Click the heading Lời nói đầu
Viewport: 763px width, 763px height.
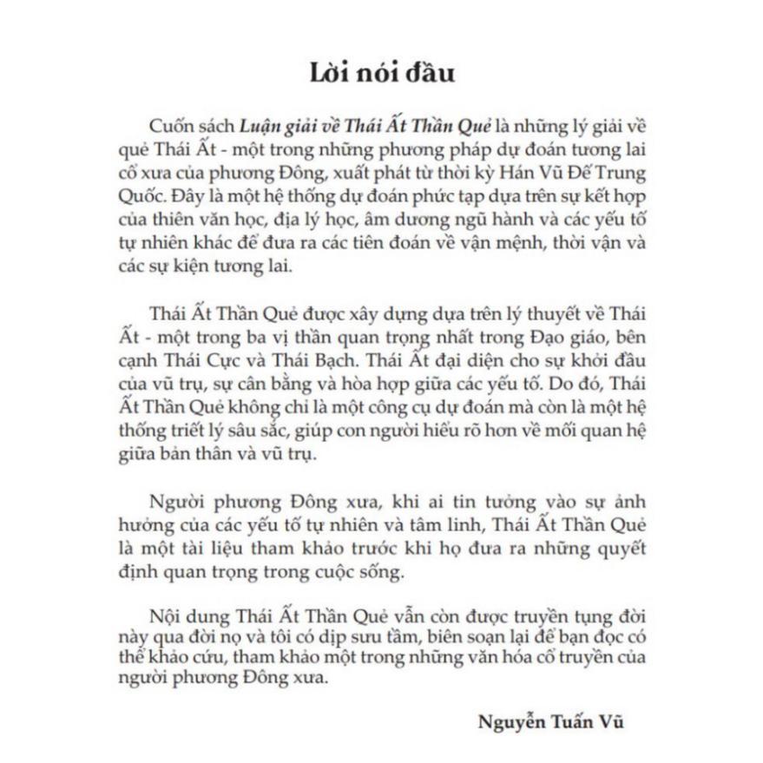point(381,72)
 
